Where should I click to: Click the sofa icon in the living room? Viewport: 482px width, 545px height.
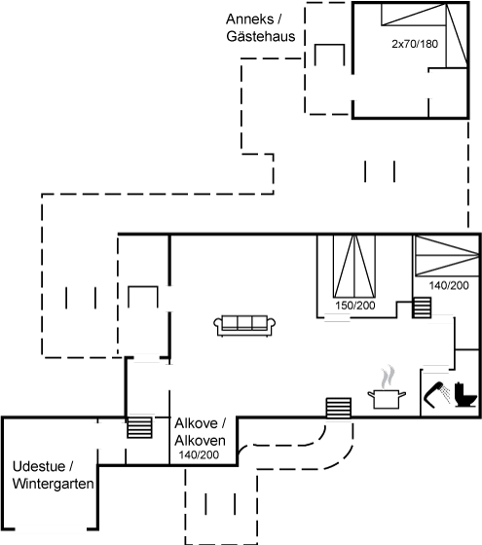coord(244,326)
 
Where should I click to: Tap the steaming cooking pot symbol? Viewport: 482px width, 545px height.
coord(387,387)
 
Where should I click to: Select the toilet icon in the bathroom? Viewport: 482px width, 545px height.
coord(465,395)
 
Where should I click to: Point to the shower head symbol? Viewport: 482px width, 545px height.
coord(436,394)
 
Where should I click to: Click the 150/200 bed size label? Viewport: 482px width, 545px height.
coord(355,306)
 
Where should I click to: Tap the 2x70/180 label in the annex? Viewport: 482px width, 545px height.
coord(415,44)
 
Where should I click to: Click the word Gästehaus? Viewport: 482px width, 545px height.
coord(261,36)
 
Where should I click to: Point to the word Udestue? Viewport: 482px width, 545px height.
coord(39,466)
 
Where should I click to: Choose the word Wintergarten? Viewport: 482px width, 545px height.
coord(54,484)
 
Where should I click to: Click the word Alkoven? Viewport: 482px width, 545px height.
coord(200,441)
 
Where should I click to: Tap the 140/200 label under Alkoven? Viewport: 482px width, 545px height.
coord(199,454)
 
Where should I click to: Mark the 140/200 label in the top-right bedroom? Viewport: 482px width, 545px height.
coord(449,285)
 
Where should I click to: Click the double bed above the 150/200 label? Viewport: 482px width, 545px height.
coord(354,267)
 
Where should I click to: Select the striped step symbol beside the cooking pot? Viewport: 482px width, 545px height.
coord(339,408)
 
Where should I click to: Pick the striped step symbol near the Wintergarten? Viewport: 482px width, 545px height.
coord(140,427)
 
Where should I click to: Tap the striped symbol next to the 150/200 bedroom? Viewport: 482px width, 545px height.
coord(422,308)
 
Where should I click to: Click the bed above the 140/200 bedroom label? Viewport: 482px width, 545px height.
coord(447,256)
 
